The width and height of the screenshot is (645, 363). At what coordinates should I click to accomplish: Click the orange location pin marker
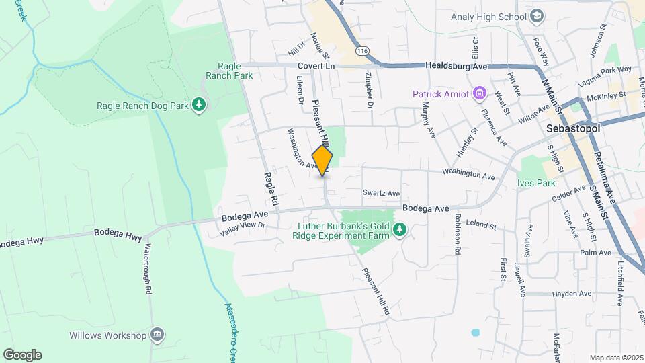[x=322, y=160]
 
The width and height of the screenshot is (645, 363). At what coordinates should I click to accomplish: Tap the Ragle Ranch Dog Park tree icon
[x=198, y=105]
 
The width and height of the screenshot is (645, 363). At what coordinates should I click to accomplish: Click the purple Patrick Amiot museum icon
[x=480, y=93]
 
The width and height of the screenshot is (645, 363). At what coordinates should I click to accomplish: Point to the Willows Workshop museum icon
[x=157, y=335]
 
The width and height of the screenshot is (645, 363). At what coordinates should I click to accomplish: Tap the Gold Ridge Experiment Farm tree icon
[x=400, y=231]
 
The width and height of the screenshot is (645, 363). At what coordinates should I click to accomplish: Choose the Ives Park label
[x=535, y=182]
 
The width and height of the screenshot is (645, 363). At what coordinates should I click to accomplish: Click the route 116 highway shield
[x=363, y=51]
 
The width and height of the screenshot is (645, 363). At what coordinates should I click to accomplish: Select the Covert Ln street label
[x=316, y=66]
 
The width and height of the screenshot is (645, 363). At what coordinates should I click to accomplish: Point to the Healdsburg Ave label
[x=456, y=66]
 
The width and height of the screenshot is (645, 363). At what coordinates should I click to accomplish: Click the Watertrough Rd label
[x=146, y=270]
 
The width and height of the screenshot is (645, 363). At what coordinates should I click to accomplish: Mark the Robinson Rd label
[x=458, y=234]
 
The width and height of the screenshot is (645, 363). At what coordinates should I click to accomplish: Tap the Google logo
[x=22, y=354]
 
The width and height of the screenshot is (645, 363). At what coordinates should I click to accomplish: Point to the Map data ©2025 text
[x=615, y=358]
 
